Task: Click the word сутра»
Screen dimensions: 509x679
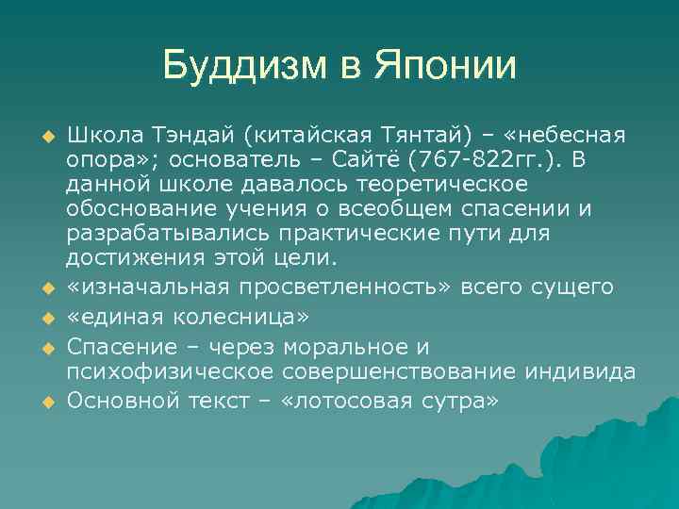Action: (x=455, y=401)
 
